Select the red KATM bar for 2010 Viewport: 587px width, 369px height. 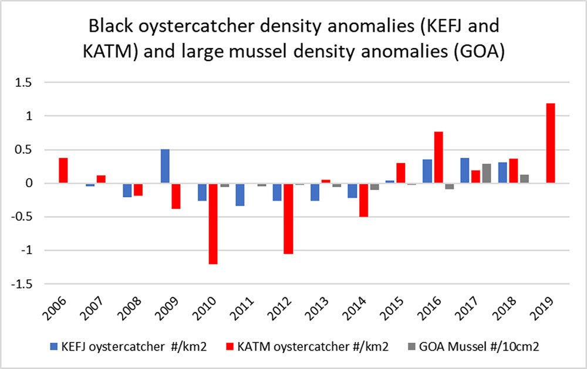[212, 224]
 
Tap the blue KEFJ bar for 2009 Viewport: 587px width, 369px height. [165, 167]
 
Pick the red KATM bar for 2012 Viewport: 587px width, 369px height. [288, 219]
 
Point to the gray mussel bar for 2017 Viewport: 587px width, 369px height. [487, 174]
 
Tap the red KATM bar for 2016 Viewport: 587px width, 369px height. [438, 158]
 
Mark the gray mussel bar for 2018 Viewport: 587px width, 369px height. [524, 179]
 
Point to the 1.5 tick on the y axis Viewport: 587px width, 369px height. [22, 83]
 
